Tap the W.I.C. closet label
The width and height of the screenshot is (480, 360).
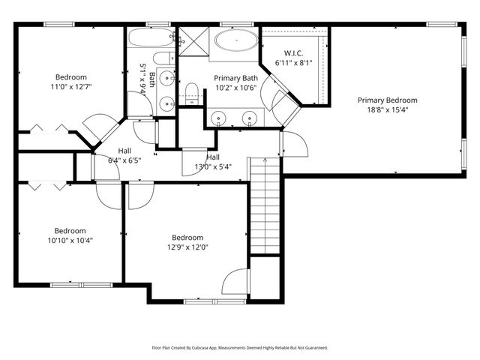(292, 53)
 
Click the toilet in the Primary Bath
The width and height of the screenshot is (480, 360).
(191, 93)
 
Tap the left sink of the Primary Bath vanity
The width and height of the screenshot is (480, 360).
(218, 118)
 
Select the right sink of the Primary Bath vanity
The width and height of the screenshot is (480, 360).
(248, 118)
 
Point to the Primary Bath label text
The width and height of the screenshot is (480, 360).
(235, 78)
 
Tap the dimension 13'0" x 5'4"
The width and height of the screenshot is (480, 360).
(213, 166)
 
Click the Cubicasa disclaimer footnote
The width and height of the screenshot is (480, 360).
(240, 348)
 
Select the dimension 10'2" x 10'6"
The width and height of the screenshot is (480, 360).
(235, 87)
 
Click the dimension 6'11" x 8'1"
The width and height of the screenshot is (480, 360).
(292, 63)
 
